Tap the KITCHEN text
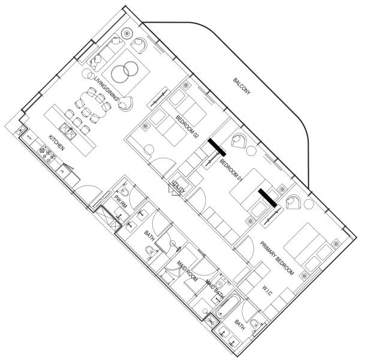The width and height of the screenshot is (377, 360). coord(57,144)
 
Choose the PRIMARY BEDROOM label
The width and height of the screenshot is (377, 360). coord(277,258)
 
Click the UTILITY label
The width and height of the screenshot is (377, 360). coord(179,186)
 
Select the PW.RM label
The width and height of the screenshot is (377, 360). coord(121,200)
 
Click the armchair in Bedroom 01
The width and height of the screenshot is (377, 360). coord(243,140)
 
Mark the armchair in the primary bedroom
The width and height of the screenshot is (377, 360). coord(294,202)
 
